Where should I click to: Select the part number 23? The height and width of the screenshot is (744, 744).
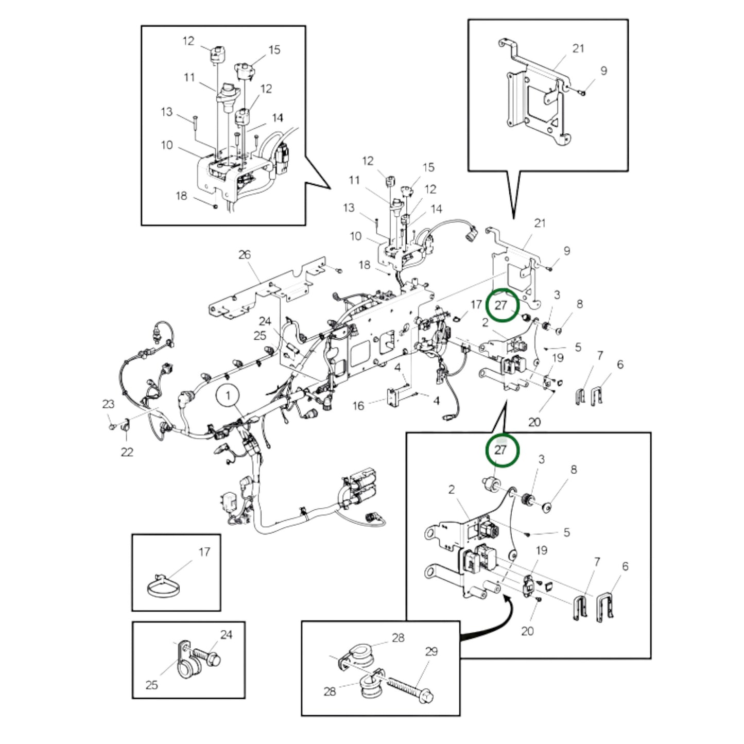[x=108, y=404]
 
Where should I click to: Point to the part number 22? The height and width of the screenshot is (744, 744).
[x=127, y=452]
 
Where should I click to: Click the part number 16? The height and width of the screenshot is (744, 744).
[x=358, y=406]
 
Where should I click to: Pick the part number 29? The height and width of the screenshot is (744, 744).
[x=431, y=651]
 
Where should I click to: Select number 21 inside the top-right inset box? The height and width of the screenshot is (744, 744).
[x=578, y=48]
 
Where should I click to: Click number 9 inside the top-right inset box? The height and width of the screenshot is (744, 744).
[x=603, y=71]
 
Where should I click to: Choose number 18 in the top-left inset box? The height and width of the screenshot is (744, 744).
[x=181, y=196]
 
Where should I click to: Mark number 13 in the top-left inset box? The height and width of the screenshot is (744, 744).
[x=166, y=112]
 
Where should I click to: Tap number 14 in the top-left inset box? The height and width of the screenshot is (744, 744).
[x=278, y=118]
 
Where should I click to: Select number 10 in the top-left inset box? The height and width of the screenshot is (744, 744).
[x=166, y=145]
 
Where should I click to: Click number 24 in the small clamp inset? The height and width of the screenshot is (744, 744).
[x=227, y=635]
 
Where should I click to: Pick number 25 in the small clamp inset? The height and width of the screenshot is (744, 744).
[x=151, y=685]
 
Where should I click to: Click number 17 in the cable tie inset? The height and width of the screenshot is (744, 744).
[x=204, y=552]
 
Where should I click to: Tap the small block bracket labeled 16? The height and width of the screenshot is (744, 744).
[x=394, y=396]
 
